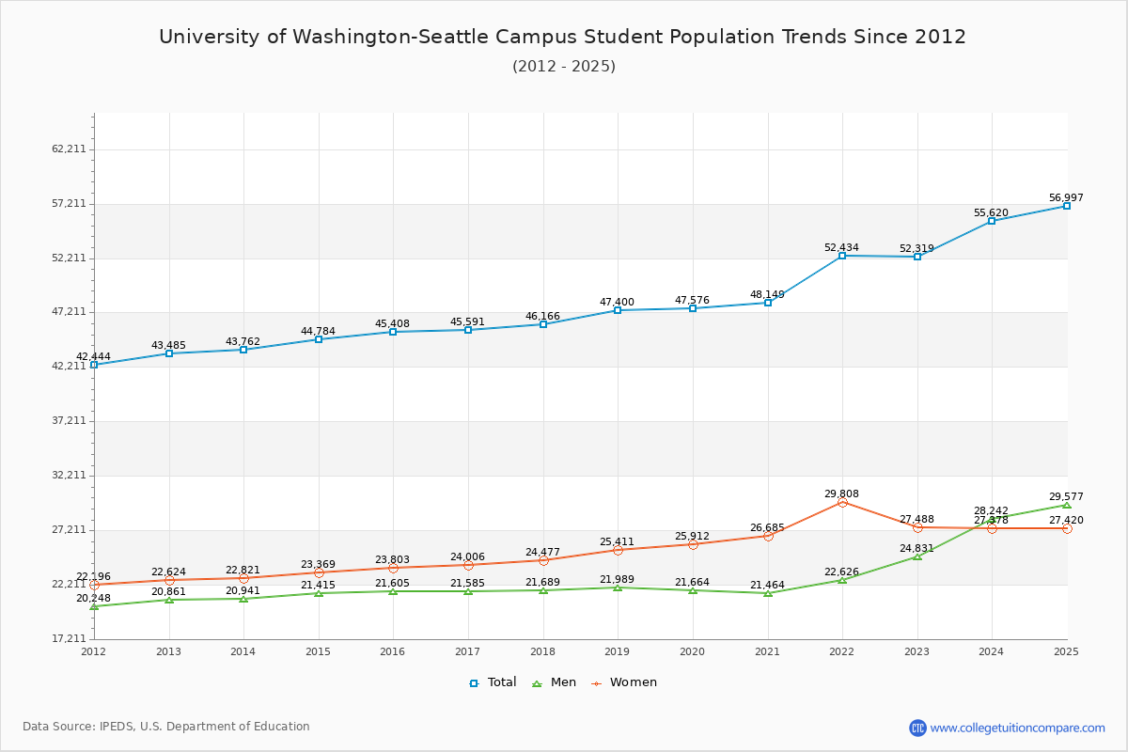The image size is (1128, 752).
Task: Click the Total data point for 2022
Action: [842, 256]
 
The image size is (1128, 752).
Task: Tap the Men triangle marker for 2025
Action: [1067, 505]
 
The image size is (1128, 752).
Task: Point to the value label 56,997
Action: [1066, 198]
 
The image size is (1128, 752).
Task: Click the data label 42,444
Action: [94, 357]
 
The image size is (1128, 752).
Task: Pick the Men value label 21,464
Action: [767, 586]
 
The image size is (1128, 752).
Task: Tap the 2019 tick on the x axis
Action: [617, 651]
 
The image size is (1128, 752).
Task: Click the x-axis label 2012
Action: [94, 651]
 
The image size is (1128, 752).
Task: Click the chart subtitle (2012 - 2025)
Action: [564, 67]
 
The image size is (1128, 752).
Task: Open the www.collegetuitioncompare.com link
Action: [1018, 728]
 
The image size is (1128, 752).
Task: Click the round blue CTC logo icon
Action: [917, 728]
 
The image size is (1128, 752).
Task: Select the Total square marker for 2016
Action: [393, 332]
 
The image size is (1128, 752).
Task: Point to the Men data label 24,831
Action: [916, 549]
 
